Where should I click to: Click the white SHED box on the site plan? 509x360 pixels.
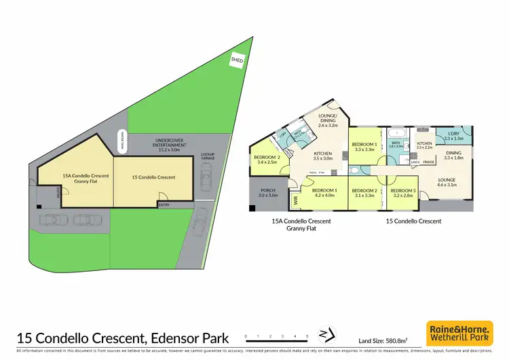coord(236,60)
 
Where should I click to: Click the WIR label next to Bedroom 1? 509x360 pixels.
coord(295,200)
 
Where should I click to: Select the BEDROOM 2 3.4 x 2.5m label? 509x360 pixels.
coord(267,160)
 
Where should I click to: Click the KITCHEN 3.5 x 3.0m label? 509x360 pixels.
coord(322,156)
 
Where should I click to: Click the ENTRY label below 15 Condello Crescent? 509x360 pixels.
coord(163,204)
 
